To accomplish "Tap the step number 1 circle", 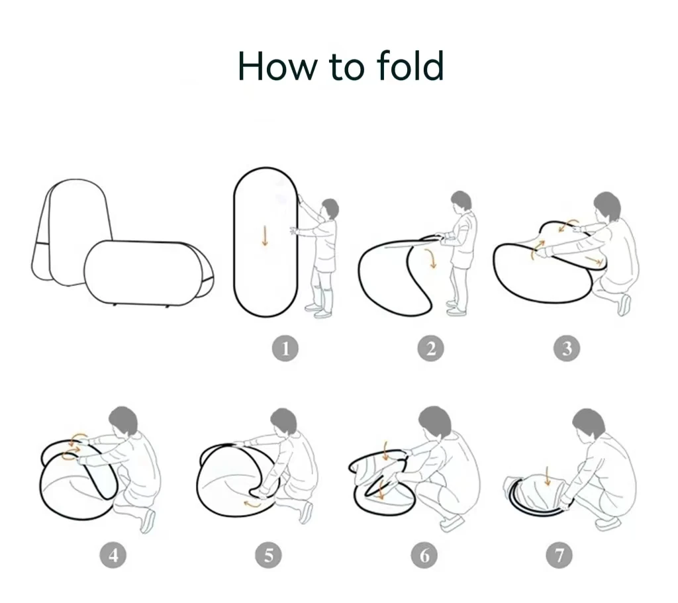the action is click(x=285, y=348).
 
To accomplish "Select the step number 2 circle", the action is click(x=430, y=348).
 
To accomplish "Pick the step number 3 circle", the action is click(x=566, y=348).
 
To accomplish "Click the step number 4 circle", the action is click(x=113, y=555).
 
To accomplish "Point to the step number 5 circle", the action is click(x=268, y=555).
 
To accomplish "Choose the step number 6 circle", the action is click(x=424, y=555).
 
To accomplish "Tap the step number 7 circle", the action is click(x=559, y=555).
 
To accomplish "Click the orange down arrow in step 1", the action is click(x=265, y=236).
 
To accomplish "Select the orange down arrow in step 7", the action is click(x=547, y=476).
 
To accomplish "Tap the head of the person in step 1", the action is click(x=330, y=209).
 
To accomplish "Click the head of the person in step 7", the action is click(x=589, y=424).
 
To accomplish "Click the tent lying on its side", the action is click(x=147, y=273).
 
